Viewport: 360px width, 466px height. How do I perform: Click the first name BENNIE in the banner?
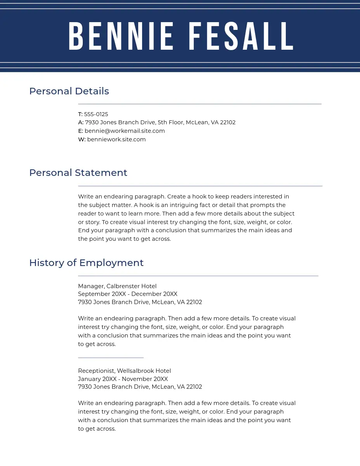(x=121, y=37)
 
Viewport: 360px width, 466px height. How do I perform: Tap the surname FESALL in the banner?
(x=241, y=37)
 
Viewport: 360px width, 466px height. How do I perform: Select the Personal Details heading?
(x=69, y=91)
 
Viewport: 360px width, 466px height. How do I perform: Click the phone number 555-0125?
(x=96, y=114)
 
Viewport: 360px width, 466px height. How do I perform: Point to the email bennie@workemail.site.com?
(x=125, y=131)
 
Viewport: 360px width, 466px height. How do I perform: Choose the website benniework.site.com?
(x=116, y=139)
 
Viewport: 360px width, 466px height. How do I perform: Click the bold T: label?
(x=80, y=114)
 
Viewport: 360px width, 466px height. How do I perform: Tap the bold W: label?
(x=82, y=139)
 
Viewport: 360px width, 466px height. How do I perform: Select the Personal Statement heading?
(x=78, y=173)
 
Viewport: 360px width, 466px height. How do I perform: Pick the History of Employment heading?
(x=86, y=263)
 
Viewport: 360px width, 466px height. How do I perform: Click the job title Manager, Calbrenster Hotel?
(x=117, y=286)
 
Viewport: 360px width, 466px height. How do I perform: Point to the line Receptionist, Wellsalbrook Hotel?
(x=124, y=371)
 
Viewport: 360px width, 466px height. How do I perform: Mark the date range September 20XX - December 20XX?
(x=127, y=294)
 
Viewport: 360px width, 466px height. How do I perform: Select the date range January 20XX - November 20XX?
(x=123, y=379)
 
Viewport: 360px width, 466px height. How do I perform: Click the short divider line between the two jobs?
(x=111, y=357)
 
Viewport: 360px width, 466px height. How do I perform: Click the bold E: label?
(x=80, y=131)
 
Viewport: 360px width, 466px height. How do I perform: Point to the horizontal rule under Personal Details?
(x=200, y=104)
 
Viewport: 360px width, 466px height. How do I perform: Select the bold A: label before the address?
(x=80, y=122)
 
